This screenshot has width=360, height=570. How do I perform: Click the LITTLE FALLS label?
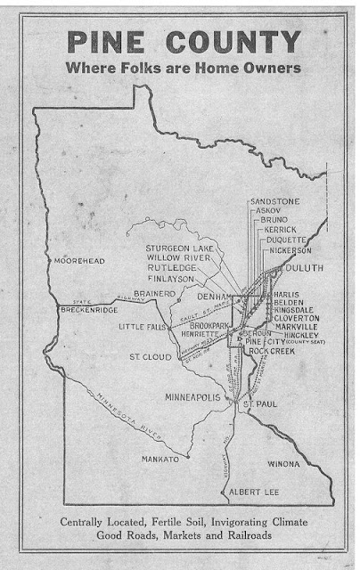[x=143, y=328]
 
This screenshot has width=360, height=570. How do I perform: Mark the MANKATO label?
[x=161, y=459]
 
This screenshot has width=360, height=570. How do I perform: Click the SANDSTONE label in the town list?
[x=274, y=201]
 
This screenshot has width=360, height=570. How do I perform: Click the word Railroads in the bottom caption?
[x=272, y=538]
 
